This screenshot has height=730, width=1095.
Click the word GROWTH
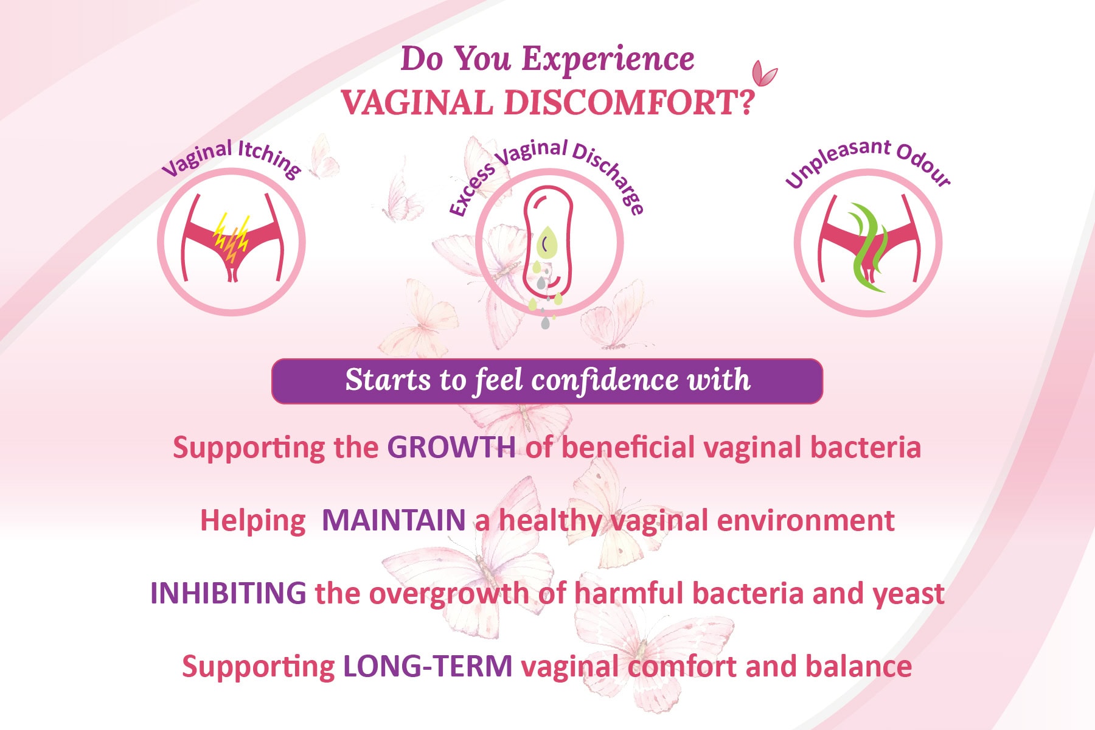[451, 447]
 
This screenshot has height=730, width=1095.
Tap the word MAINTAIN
[394, 520]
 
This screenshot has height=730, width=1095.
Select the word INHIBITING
[228, 593]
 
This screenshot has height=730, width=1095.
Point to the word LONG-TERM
[428, 666]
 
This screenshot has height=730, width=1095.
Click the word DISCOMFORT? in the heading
[630, 102]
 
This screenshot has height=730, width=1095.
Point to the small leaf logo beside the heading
[764, 74]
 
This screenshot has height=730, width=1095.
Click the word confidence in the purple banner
[605, 380]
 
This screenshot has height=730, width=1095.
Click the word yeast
[909, 594]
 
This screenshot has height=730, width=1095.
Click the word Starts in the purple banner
[389, 380]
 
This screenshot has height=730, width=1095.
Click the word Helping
[253, 521]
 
